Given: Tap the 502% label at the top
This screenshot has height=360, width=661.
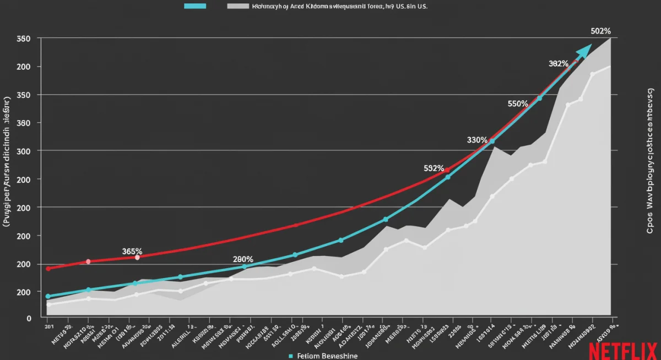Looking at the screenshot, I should click(600, 31).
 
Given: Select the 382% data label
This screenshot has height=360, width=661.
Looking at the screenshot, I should click(559, 64).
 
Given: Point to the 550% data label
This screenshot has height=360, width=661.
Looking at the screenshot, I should click(518, 103).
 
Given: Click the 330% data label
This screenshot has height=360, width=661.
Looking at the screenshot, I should click(477, 140).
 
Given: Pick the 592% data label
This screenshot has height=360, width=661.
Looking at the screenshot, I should click(434, 168).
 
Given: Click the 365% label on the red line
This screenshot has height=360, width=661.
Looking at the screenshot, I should click(132, 251).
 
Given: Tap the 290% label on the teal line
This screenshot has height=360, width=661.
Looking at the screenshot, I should click(243, 259).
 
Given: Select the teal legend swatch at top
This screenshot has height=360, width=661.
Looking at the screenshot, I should click(194, 6).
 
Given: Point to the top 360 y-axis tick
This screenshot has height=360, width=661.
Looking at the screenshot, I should click(24, 39).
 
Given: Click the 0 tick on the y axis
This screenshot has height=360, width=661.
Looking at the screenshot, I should click(29, 318).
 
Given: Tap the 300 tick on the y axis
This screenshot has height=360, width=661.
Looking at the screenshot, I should click(24, 151).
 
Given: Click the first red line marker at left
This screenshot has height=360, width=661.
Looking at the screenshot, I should click(48, 269).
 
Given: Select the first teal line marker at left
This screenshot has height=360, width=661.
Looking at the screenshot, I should click(48, 296).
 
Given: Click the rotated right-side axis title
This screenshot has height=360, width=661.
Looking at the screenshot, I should click(650, 160).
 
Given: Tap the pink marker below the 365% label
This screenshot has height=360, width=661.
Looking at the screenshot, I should click(137, 257).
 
